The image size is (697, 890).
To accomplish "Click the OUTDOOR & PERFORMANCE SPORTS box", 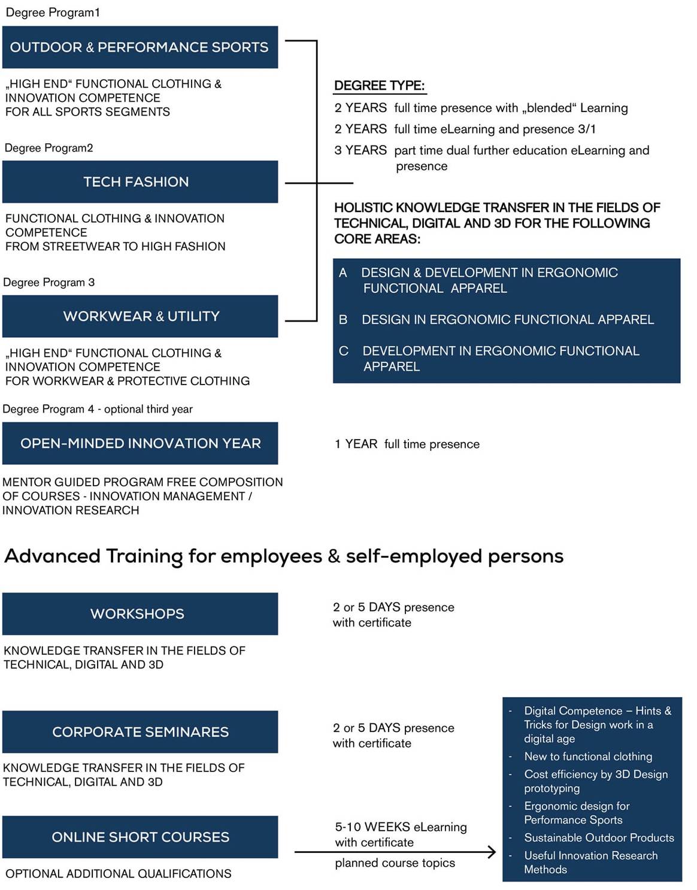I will [x=140, y=47].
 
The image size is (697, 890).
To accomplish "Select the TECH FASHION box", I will [x=140, y=181].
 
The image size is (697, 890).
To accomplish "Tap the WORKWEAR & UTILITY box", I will [x=140, y=316].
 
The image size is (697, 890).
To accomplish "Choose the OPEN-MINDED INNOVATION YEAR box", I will [x=140, y=443].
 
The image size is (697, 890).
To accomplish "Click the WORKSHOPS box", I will [x=140, y=614].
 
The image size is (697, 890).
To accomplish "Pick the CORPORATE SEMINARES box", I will [x=140, y=732].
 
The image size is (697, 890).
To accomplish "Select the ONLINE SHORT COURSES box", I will [x=140, y=837].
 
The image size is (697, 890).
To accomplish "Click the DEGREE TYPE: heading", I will [x=379, y=86].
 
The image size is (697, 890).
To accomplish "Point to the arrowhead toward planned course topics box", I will [x=492, y=852].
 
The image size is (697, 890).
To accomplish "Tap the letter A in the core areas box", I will [x=343, y=273].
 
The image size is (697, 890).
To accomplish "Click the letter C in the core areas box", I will [x=344, y=351].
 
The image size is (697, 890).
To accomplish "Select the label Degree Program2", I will [x=49, y=148].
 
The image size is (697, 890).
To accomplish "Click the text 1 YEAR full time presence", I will [x=407, y=444].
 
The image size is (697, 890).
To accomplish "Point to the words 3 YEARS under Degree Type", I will [x=360, y=150].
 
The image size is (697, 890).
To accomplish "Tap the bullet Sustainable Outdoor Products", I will [x=599, y=837].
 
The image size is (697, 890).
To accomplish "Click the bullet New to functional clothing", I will [x=588, y=756].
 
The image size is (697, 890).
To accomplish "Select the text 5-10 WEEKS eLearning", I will [x=401, y=827].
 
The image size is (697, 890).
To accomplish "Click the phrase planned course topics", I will [x=395, y=863].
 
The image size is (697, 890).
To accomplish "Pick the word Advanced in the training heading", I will [x=53, y=556].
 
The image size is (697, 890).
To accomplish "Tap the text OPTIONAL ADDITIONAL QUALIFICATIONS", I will [x=119, y=874].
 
